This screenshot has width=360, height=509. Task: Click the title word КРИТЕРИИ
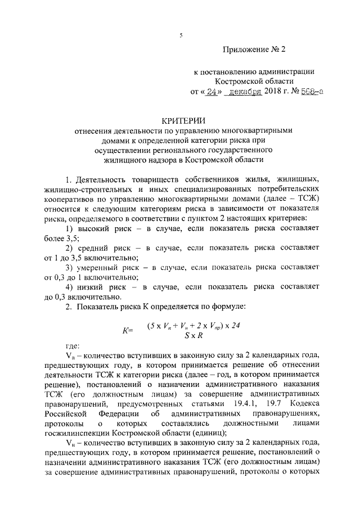(x=179, y=120)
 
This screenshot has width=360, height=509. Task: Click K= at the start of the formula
(x=127, y=331)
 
